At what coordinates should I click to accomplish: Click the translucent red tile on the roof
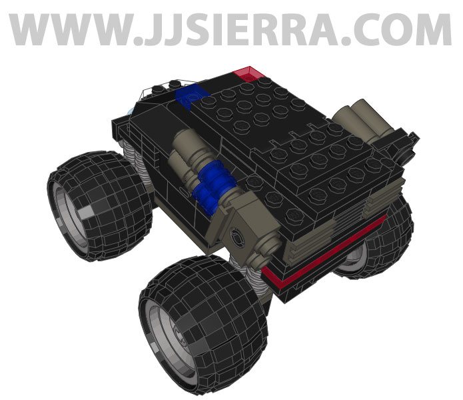pos(248,73)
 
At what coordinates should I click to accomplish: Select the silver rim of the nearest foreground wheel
pos(169,333)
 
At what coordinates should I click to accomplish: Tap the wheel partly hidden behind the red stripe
pos(373,247)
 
